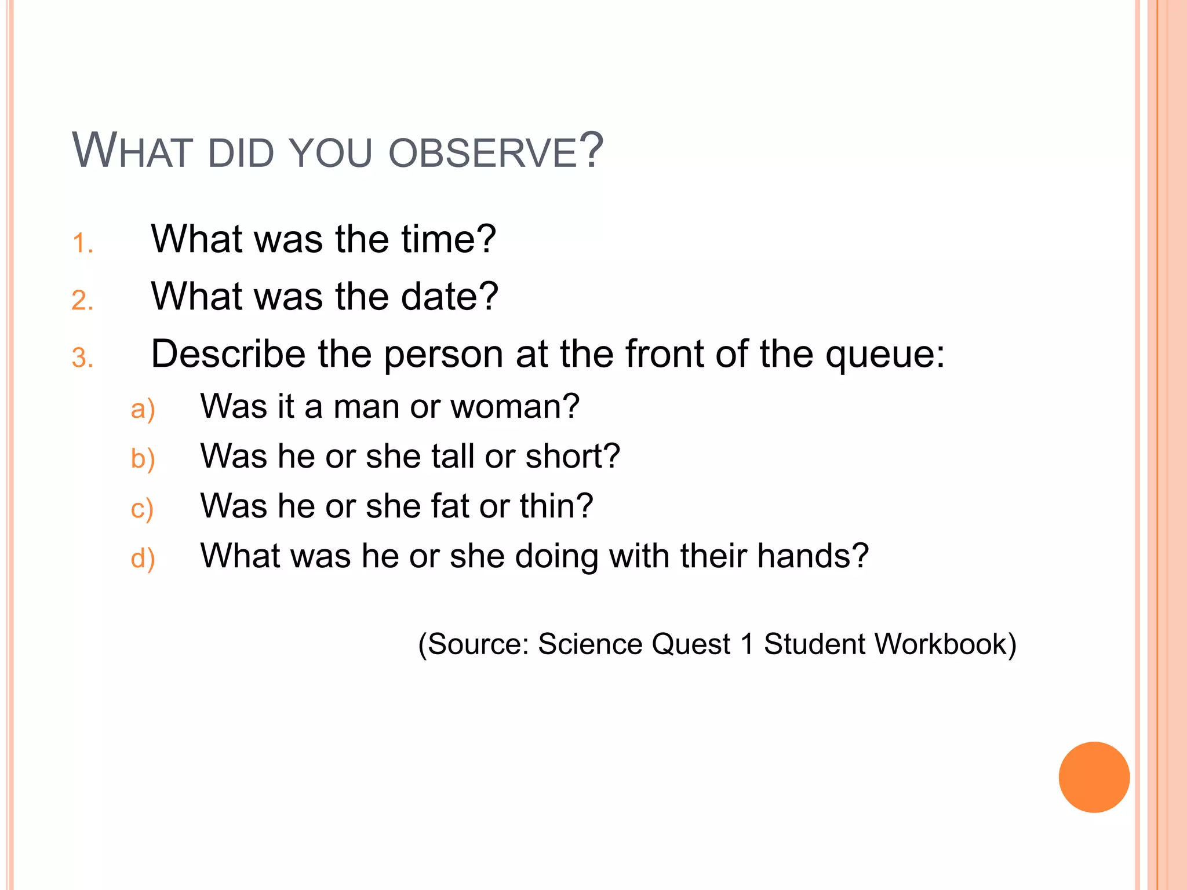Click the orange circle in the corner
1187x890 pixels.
coord(1094,777)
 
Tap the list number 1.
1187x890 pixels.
coord(82,243)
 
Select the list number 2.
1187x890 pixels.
coord(82,301)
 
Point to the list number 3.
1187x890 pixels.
coord(82,358)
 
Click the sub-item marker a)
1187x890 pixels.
coord(143,409)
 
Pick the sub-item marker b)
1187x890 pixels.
coord(143,459)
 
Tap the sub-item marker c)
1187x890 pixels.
coord(142,509)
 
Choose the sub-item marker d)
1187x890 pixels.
coord(143,559)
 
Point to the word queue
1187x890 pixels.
coord(884,355)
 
